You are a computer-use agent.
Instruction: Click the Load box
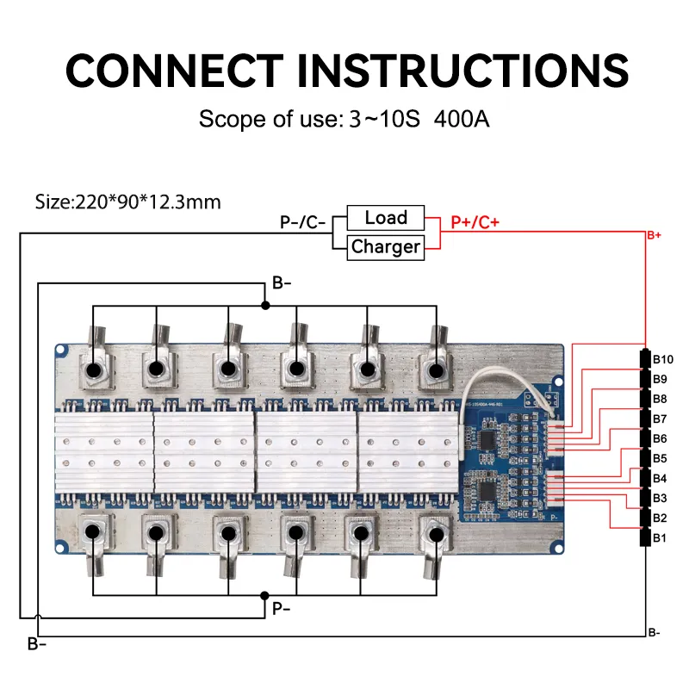click(x=385, y=218)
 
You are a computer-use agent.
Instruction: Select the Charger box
click(x=385, y=247)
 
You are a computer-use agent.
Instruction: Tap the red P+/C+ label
click(x=475, y=223)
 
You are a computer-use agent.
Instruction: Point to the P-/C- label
click(x=302, y=223)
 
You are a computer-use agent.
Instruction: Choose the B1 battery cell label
click(x=661, y=538)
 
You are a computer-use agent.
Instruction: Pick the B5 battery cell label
click(x=661, y=458)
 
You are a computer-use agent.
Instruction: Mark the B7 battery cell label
click(x=661, y=419)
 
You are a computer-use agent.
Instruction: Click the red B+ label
click(x=654, y=234)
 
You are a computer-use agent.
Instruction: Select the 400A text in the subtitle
click(x=462, y=119)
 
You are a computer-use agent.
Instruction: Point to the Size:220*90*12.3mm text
click(x=127, y=202)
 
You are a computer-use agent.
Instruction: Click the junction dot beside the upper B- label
click(x=265, y=306)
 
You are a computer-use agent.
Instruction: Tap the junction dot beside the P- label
click(x=265, y=595)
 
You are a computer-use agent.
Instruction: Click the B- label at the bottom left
click(x=36, y=644)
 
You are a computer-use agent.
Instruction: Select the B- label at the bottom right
click(x=655, y=633)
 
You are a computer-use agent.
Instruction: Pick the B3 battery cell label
click(x=661, y=499)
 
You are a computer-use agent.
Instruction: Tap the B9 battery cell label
click(x=661, y=379)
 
